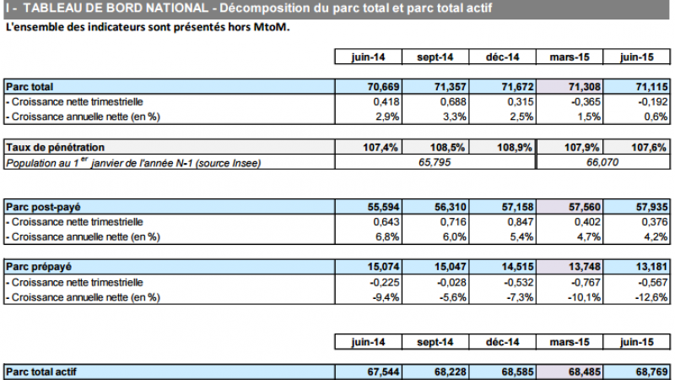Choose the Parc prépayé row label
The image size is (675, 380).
point(40,267)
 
